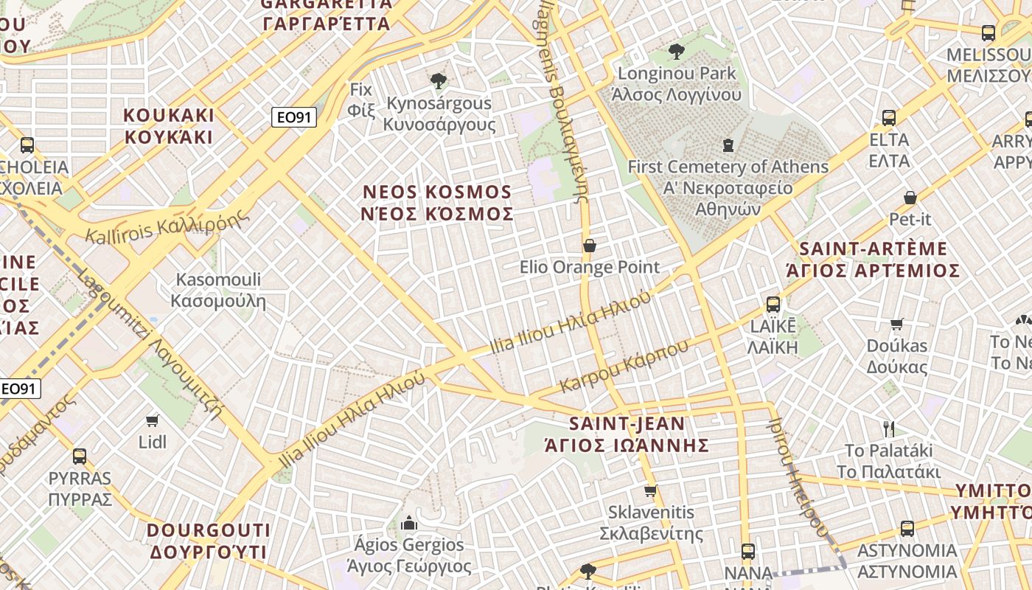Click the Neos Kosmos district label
click(438, 203)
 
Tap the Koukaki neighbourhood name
click(169, 126)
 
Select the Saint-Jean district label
click(627, 434)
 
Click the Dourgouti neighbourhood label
click(209, 541)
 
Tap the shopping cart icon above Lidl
click(153, 420)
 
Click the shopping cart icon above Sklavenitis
click(650, 490)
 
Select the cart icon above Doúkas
click(897, 324)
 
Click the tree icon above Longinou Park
click(676, 52)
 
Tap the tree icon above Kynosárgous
click(439, 80)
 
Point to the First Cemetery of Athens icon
click(728, 145)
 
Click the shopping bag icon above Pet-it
click(910, 198)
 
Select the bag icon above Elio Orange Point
click(590, 245)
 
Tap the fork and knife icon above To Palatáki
click(889, 428)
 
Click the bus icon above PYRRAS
click(80, 456)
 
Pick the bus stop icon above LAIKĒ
click(773, 304)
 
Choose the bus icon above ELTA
click(889, 117)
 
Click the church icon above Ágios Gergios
click(409, 524)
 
